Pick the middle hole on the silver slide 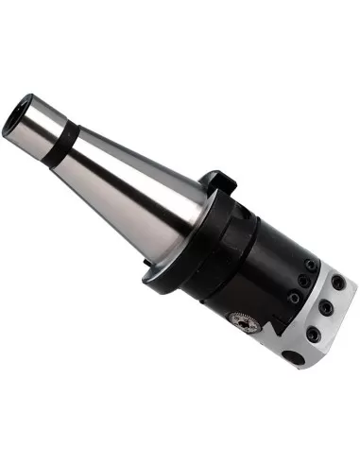pyautogui.click(x=326, y=308)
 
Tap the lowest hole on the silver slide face pyautogui.click(x=313, y=331)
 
